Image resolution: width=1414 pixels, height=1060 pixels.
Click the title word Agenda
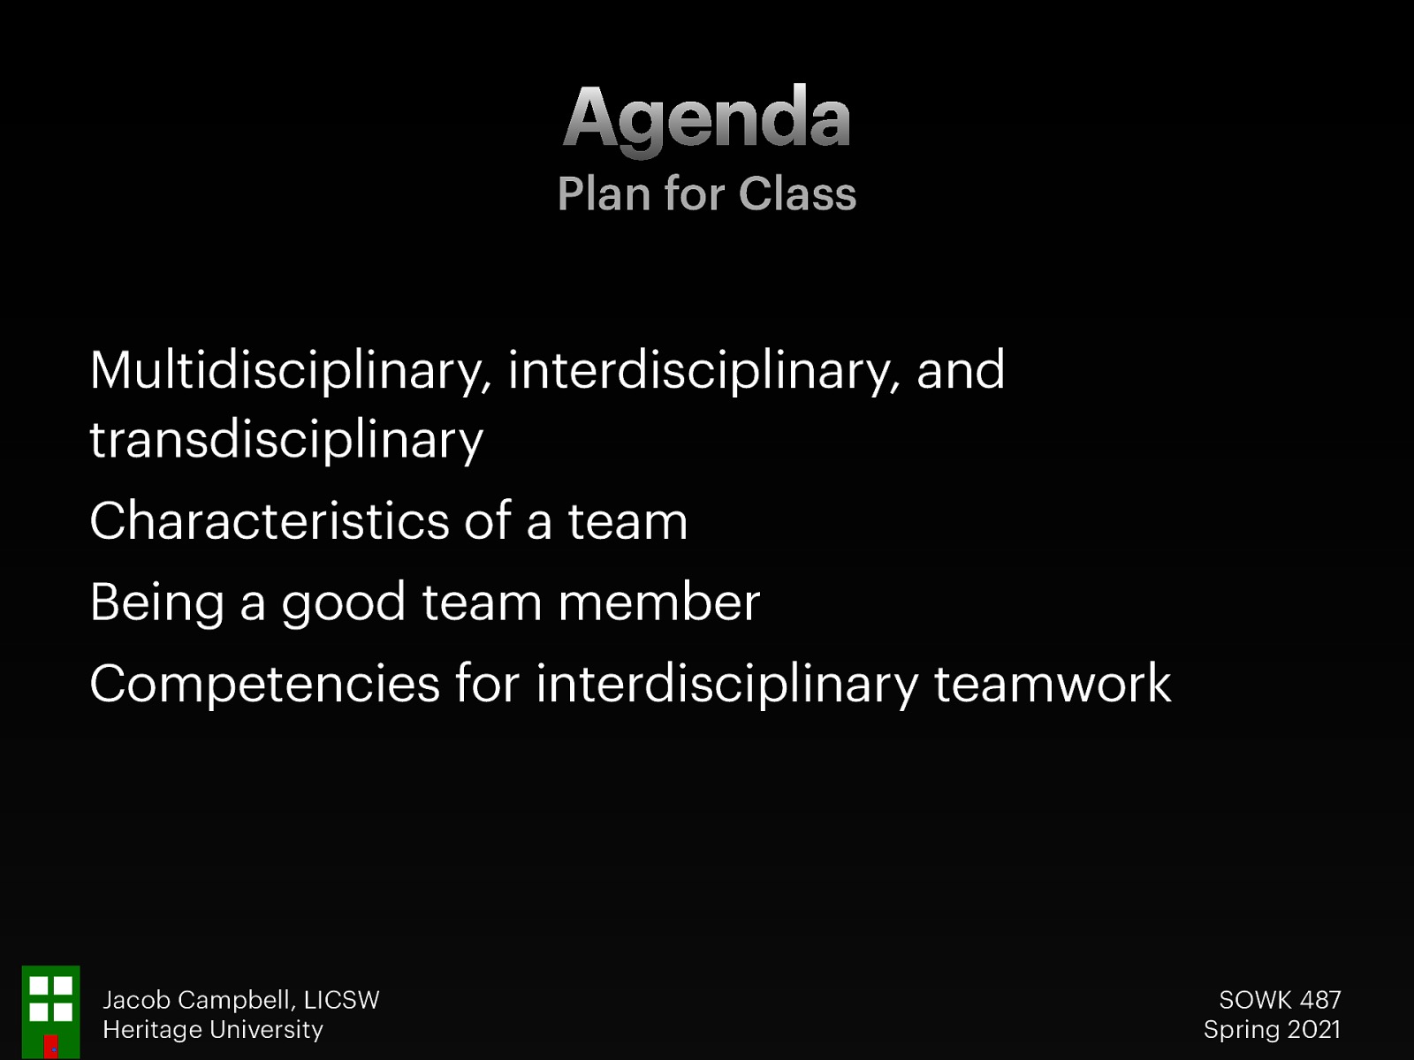[x=706, y=119]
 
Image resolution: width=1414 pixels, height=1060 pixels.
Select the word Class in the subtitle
[x=797, y=194]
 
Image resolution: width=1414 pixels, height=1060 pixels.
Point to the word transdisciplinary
[x=286, y=440]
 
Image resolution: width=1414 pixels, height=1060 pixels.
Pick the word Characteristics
[x=270, y=520]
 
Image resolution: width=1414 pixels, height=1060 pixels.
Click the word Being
[x=156, y=603]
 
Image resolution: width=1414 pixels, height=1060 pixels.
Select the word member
[x=658, y=602]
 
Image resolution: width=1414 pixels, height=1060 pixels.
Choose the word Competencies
[x=264, y=684]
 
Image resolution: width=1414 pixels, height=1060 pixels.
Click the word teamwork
[x=1052, y=684]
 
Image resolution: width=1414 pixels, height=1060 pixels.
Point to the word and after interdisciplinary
[x=961, y=370]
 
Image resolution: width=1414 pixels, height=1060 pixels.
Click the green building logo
[x=50, y=1011]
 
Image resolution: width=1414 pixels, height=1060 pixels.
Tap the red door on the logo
[x=51, y=1046]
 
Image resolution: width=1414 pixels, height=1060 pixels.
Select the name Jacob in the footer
[x=136, y=1000]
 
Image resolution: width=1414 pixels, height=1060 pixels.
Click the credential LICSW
[x=341, y=1000]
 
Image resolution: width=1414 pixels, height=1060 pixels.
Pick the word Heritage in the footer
[x=152, y=1030]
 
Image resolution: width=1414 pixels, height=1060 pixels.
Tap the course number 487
[x=1320, y=1000]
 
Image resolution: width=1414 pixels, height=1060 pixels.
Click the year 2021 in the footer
[x=1314, y=1030]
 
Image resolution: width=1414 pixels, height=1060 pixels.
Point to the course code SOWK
[x=1255, y=1000]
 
